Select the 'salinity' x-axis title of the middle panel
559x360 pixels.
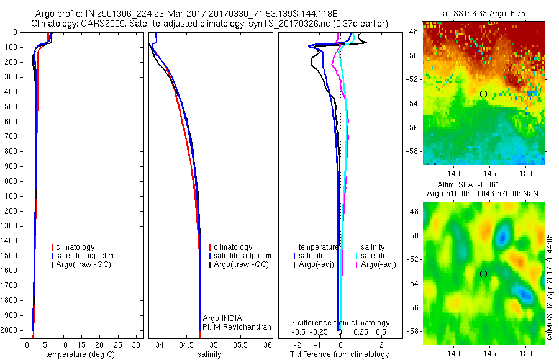tap(209, 354)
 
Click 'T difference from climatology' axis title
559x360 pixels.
tap(339, 354)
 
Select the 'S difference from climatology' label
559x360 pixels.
tap(340, 323)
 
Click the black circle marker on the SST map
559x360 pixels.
tap(483, 94)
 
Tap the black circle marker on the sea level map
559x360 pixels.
tap(483, 274)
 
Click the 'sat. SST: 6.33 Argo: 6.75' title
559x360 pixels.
tap(484, 12)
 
